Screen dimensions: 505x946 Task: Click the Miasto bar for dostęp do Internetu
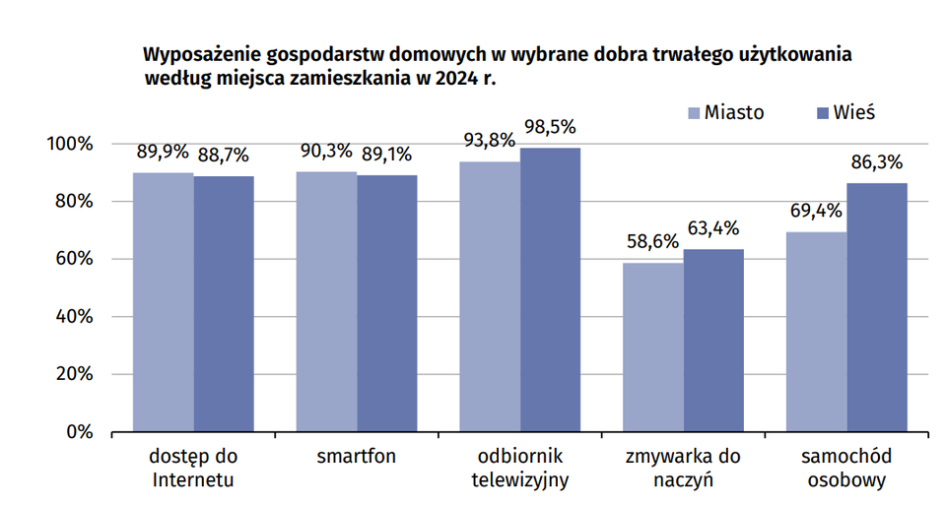tap(164, 302)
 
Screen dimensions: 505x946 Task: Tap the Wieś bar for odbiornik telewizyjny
tap(550, 289)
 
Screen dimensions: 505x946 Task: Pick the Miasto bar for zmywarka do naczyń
tap(653, 347)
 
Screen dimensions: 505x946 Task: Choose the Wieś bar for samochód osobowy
tap(877, 307)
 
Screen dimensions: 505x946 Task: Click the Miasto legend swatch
tap(693, 112)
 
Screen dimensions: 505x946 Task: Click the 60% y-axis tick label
tap(72, 260)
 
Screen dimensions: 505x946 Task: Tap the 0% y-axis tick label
tap(80, 432)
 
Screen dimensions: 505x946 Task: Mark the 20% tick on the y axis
tap(72, 375)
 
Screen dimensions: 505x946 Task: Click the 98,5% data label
tap(550, 128)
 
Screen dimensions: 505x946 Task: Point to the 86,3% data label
tap(877, 162)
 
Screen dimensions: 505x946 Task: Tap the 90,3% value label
tap(326, 152)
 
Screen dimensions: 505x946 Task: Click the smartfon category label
tap(357, 458)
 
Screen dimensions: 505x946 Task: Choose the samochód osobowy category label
tap(846, 469)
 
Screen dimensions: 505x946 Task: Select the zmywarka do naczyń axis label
tap(683, 469)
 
